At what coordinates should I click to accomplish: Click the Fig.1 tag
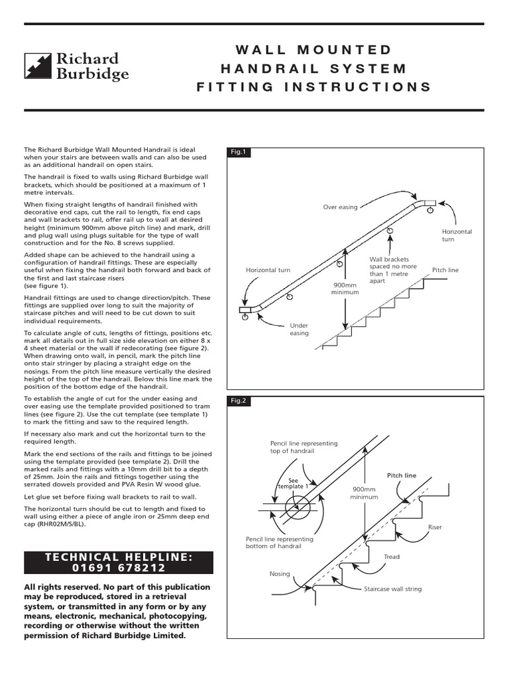[238, 152]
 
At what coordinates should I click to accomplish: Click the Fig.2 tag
[238, 401]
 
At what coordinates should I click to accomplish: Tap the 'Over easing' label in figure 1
[340, 207]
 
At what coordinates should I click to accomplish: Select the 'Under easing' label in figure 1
[299, 330]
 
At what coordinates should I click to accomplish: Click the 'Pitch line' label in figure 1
[445, 270]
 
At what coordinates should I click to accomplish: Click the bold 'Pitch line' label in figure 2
[402, 475]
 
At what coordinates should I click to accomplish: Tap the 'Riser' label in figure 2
[435, 527]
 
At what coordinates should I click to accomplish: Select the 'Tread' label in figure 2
[392, 557]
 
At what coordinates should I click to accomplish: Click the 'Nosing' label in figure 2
[279, 573]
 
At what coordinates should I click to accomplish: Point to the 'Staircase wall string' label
[392, 589]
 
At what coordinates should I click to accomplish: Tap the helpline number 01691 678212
[119, 567]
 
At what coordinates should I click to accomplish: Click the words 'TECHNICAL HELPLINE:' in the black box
[119, 557]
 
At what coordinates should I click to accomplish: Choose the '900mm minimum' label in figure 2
[363, 493]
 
